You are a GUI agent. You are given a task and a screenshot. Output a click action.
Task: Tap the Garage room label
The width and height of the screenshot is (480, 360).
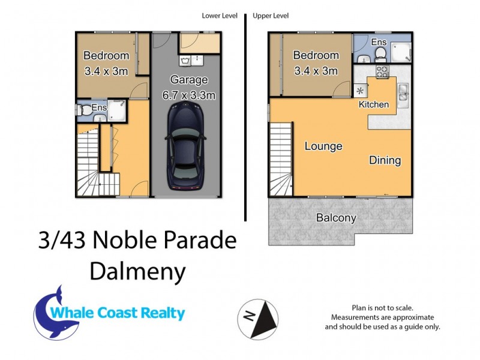tap(188, 80)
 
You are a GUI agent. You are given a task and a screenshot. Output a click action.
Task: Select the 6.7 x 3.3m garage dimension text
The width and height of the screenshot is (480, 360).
tap(188, 95)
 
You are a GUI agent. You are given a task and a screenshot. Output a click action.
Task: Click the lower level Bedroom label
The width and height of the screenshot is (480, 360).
tap(106, 56)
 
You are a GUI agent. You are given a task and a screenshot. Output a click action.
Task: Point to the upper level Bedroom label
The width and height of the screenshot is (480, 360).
tap(315, 55)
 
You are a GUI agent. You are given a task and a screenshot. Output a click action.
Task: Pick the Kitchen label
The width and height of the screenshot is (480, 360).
tap(374, 104)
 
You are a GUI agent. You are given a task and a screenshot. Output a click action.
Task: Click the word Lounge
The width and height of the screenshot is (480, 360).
tap(323, 146)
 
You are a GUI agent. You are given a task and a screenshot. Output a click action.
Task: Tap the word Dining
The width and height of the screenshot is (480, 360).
tap(385, 161)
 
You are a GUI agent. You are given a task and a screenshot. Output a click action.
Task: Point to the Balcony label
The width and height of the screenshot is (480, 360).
tap(336, 218)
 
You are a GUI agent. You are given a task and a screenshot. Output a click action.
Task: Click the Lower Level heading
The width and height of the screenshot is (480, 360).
tap(220, 16)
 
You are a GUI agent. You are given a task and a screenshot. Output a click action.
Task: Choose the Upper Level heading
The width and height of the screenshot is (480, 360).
tap(271, 16)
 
